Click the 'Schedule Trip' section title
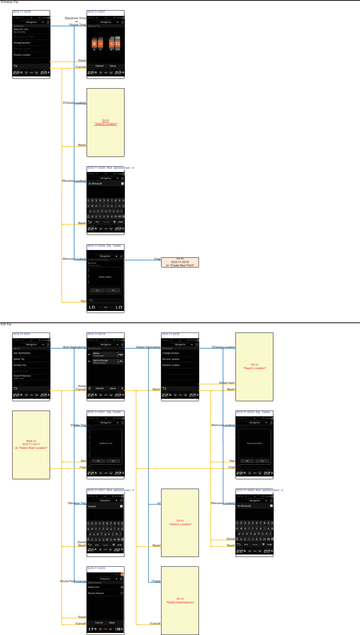point(9,2)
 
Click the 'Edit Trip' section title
point(6,324)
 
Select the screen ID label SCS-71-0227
point(96,12)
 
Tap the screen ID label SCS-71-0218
point(96,334)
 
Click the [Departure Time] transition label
point(75,18)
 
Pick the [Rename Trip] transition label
point(77,503)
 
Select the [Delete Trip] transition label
point(78,425)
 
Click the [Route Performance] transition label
point(73,581)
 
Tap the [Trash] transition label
point(156,581)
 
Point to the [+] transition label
point(159,503)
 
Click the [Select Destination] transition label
point(148,347)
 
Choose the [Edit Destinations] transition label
point(74,347)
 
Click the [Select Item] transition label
point(227,383)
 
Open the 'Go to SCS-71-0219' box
point(180,262)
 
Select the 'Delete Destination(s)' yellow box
point(180,600)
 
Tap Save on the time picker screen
point(113,66)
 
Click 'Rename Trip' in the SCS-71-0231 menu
point(20,365)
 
